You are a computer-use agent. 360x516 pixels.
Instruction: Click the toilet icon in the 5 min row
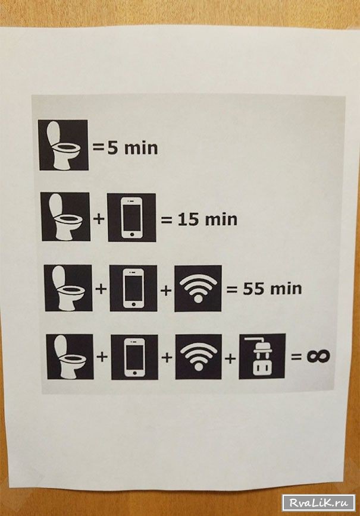tap(63, 145)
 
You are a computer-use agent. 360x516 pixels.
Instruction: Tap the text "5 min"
tap(133, 148)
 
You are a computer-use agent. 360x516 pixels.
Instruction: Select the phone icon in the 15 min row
tap(132, 218)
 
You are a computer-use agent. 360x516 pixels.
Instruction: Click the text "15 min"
tap(208, 219)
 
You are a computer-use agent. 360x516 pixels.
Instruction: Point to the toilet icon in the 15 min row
tap(65, 216)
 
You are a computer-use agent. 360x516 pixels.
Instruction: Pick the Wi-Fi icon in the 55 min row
tap(198, 288)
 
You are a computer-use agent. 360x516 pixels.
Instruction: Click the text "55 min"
tap(273, 288)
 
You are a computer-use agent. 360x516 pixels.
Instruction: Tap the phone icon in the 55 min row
tap(133, 288)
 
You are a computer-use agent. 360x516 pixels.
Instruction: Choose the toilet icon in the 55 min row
tap(68, 288)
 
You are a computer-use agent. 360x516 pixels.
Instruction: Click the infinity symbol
tap(318, 357)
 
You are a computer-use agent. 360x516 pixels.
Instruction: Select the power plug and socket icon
tap(262, 357)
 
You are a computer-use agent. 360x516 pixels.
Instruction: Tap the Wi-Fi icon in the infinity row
tap(199, 357)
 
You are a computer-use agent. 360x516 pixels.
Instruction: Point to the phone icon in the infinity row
tap(134, 357)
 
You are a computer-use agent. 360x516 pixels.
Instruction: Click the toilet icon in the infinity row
tap(70, 357)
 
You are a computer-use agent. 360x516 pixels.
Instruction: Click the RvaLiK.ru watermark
tap(318, 503)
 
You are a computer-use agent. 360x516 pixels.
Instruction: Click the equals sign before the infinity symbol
tap(296, 357)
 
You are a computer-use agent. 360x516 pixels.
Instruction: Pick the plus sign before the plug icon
tap(230, 357)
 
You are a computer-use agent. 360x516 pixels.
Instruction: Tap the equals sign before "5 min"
tap(98, 147)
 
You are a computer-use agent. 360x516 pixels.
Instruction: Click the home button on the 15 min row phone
tap(132, 235)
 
